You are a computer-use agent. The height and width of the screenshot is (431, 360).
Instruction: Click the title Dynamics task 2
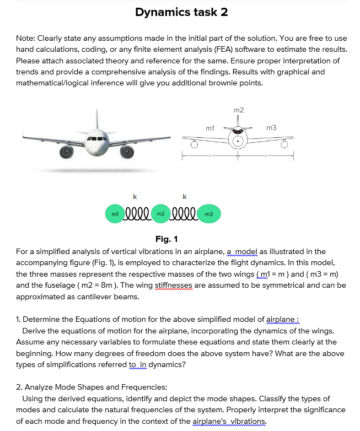(181, 12)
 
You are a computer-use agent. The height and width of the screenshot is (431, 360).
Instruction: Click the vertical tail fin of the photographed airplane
(97, 117)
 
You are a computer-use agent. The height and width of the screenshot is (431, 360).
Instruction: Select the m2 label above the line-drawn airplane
(238, 111)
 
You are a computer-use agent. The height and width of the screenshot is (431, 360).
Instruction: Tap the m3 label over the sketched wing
(271, 128)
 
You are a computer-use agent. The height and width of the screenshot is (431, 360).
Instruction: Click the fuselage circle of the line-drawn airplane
(238, 141)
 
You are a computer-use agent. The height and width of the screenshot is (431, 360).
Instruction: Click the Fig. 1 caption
(166, 239)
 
